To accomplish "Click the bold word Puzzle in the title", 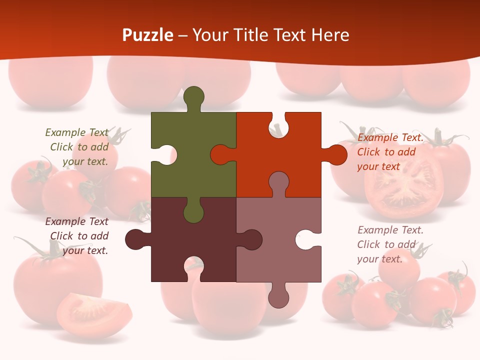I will (148, 35).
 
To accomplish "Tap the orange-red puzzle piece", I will (280, 150).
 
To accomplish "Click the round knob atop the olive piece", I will (194, 97).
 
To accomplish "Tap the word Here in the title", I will (330, 35).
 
